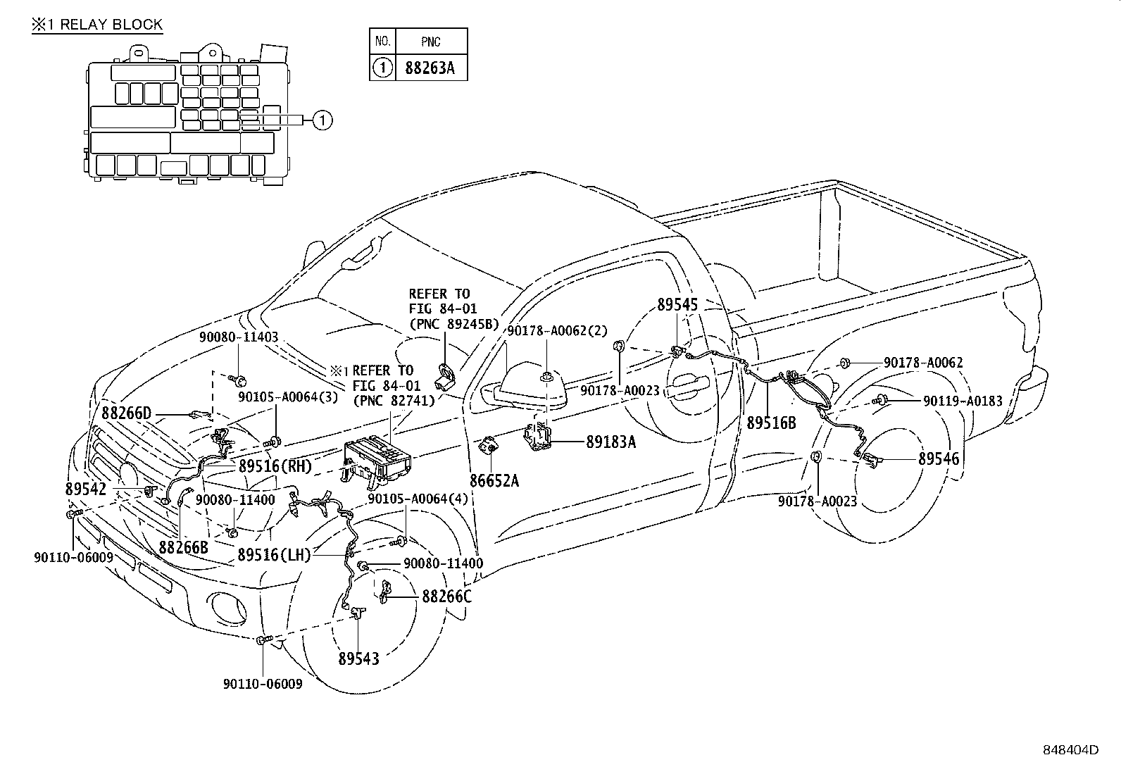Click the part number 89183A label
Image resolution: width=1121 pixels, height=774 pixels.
(610, 442)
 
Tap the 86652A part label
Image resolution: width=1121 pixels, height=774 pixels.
(494, 480)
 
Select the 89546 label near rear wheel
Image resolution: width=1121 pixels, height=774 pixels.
(938, 458)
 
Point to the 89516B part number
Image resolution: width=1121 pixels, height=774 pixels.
(771, 423)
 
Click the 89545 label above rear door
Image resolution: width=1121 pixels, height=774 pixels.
(677, 305)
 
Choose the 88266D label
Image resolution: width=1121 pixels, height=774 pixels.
(127, 413)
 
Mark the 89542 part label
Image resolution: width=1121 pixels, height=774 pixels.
(86, 489)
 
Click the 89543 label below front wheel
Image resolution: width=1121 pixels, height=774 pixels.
(358, 658)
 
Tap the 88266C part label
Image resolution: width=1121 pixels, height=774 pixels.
(446, 597)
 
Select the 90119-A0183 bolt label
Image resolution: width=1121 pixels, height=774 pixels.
(963, 401)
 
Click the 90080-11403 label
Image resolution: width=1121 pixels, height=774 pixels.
(239, 337)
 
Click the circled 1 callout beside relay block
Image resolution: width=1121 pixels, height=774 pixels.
(322, 120)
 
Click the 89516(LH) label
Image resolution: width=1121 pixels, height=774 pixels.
(274, 554)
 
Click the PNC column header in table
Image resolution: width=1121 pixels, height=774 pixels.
(430, 42)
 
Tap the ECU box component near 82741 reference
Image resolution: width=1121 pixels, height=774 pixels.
(379, 461)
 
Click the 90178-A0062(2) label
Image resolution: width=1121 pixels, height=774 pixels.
(557, 331)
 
